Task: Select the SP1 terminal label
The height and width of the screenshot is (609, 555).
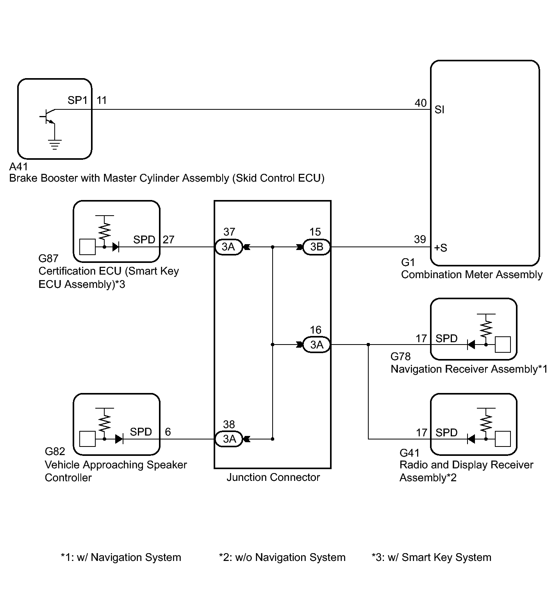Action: tap(78, 100)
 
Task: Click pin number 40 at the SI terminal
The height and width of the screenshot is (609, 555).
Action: tap(420, 103)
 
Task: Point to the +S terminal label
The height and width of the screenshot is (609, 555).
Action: tap(441, 248)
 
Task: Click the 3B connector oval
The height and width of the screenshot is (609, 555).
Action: tap(316, 247)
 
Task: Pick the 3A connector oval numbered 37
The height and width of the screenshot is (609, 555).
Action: tap(228, 247)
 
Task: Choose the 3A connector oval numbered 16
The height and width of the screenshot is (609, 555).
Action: tap(316, 345)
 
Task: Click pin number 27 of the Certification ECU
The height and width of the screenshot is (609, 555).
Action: tap(168, 239)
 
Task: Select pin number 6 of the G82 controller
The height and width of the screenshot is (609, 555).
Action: tap(168, 432)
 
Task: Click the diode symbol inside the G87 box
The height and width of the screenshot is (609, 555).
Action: tap(116, 247)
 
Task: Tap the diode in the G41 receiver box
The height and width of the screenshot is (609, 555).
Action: tap(471, 439)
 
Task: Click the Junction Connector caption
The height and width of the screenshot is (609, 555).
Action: tap(273, 477)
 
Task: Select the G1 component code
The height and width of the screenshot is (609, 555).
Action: tap(408, 263)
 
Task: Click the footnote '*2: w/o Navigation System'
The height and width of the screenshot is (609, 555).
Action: tap(282, 557)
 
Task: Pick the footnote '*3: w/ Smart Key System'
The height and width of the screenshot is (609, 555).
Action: tap(432, 557)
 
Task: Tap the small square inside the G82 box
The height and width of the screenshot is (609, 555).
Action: tap(87, 439)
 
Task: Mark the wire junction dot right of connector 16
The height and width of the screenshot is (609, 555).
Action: tap(368, 345)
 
